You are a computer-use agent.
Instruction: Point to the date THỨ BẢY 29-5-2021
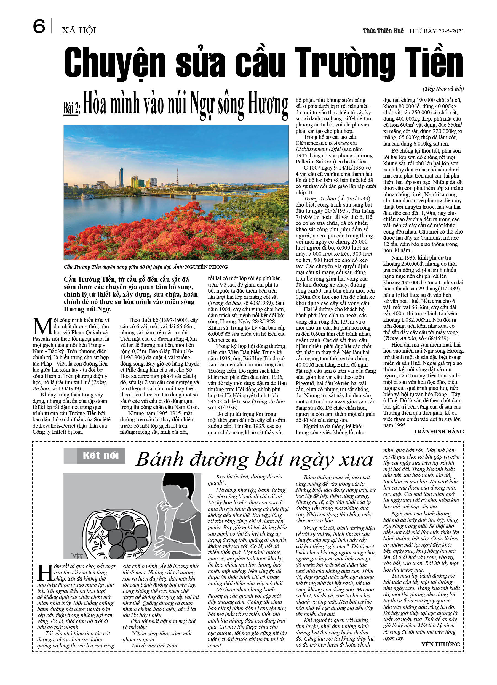click(436, 31)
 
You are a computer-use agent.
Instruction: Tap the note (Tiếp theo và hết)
click(443, 89)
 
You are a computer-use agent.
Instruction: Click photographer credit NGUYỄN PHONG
click(206, 267)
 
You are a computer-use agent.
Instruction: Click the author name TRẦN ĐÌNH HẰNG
click(439, 432)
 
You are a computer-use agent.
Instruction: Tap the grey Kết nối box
click(94, 456)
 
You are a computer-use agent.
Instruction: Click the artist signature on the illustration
click(77, 556)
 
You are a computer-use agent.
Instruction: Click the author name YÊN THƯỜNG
click(440, 644)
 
